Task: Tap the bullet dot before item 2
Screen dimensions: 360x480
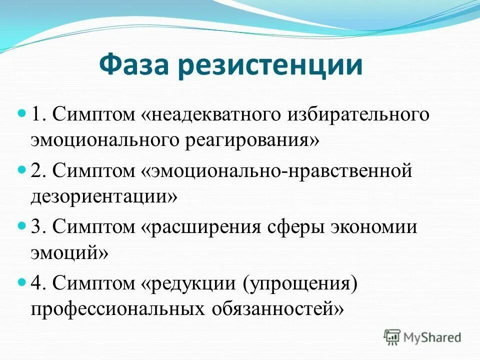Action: tap(21, 170)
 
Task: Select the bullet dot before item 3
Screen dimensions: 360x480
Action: tap(21, 226)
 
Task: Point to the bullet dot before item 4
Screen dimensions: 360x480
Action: tap(21, 282)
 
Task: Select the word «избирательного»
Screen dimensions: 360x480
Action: tap(358, 115)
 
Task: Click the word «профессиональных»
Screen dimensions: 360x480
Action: tap(114, 308)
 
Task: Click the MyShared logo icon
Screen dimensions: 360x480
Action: tap(392, 336)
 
